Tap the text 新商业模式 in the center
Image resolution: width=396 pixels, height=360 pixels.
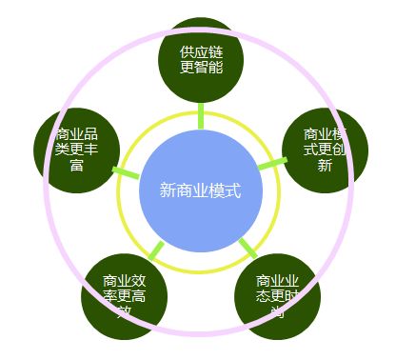(199, 190)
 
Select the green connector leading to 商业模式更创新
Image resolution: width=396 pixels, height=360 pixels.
(271, 166)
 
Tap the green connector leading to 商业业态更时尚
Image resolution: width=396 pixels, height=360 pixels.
(247, 250)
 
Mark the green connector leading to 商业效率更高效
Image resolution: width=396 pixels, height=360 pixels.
(154, 250)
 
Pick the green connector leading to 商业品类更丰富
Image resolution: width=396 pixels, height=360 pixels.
(128, 171)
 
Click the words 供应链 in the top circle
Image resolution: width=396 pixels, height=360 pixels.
(201, 51)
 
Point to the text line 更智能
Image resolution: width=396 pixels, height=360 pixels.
(201, 68)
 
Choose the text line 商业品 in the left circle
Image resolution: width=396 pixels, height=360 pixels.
(77, 133)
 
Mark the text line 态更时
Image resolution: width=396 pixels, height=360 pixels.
(278, 295)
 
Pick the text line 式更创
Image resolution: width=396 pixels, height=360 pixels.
(325, 150)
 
